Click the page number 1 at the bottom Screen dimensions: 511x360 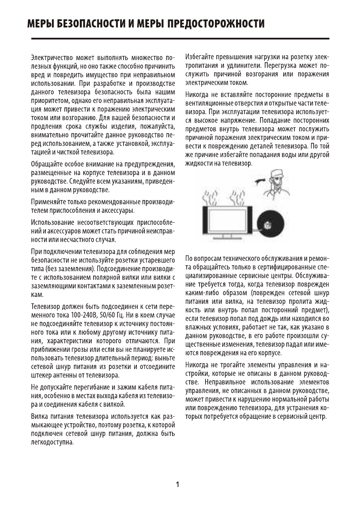(x=178, y=485)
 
